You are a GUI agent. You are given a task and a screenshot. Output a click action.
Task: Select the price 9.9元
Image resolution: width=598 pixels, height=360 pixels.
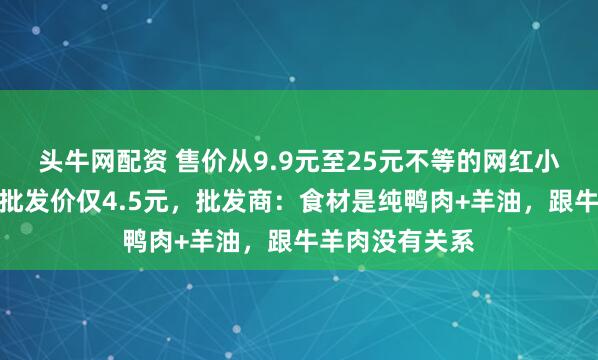[x=275, y=157]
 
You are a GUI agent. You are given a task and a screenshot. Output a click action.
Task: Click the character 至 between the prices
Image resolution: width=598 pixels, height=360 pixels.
[x=317, y=157]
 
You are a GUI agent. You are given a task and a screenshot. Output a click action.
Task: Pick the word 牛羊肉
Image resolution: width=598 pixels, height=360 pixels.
[x=321, y=241]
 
